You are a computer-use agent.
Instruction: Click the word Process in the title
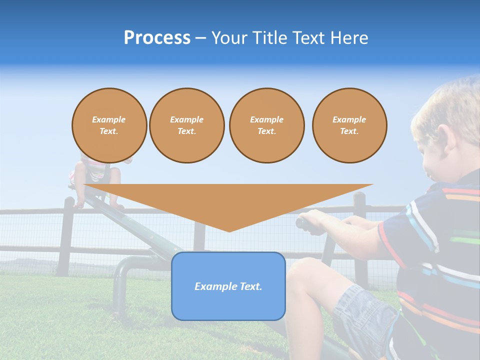[x=157, y=38]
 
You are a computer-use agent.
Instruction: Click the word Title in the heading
[x=268, y=38]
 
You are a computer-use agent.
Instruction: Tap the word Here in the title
[x=348, y=38]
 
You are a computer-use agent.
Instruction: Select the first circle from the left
[x=109, y=125]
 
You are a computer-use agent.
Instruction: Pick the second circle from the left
[x=186, y=125]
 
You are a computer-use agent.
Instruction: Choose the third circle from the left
[x=266, y=125]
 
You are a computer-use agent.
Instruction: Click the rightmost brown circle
[x=349, y=125]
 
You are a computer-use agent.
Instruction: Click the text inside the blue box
[x=228, y=286]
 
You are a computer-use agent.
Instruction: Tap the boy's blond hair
[x=450, y=105]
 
